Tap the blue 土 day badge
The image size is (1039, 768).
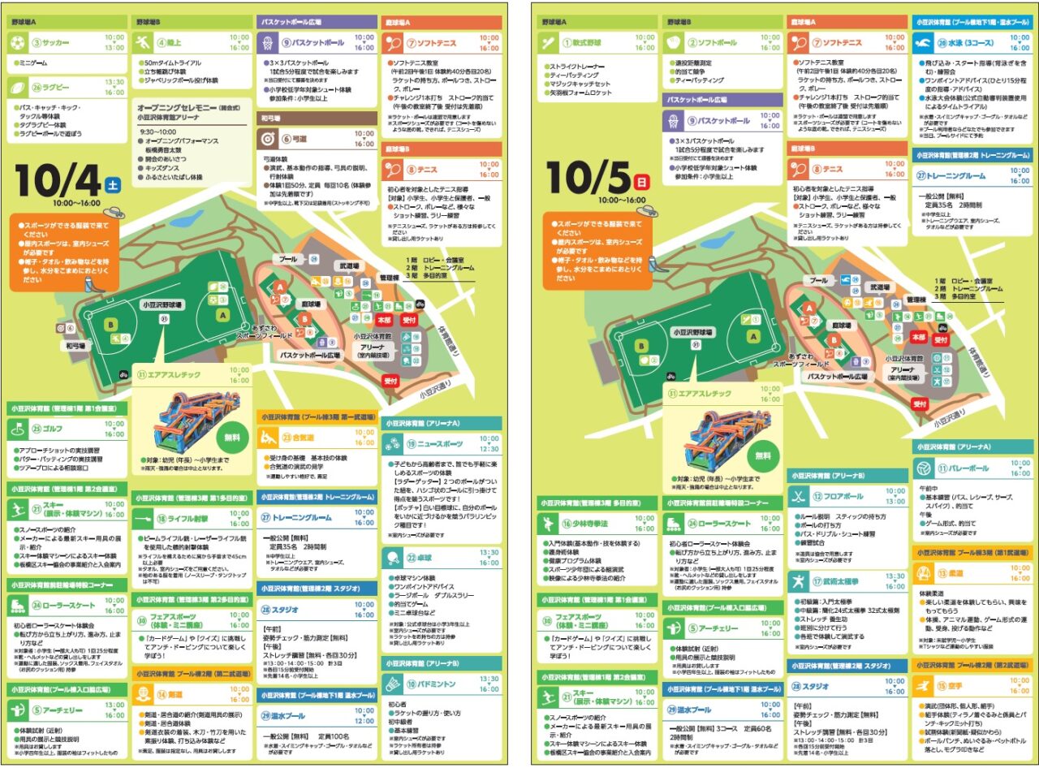coord(113,183)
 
